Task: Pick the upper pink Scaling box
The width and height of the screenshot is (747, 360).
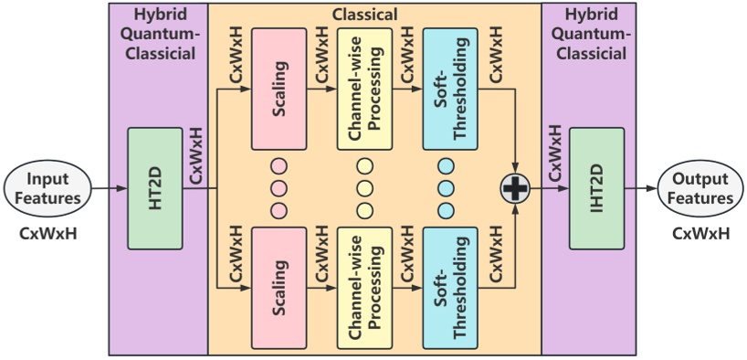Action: [x=279, y=89]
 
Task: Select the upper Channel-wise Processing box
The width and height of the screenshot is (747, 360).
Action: [x=365, y=89]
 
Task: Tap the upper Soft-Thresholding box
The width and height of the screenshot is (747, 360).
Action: [x=451, y=89]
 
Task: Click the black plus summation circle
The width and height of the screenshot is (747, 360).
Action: [x=515, y=189]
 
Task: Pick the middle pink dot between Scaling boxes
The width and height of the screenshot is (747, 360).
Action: [x=279, y=189]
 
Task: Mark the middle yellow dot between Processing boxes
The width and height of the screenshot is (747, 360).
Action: [x=365, y=189]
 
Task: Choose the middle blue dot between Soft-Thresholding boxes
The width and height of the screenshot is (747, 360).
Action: [x=447, y=189]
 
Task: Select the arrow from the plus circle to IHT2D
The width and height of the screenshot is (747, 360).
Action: [x=548, y=189]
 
